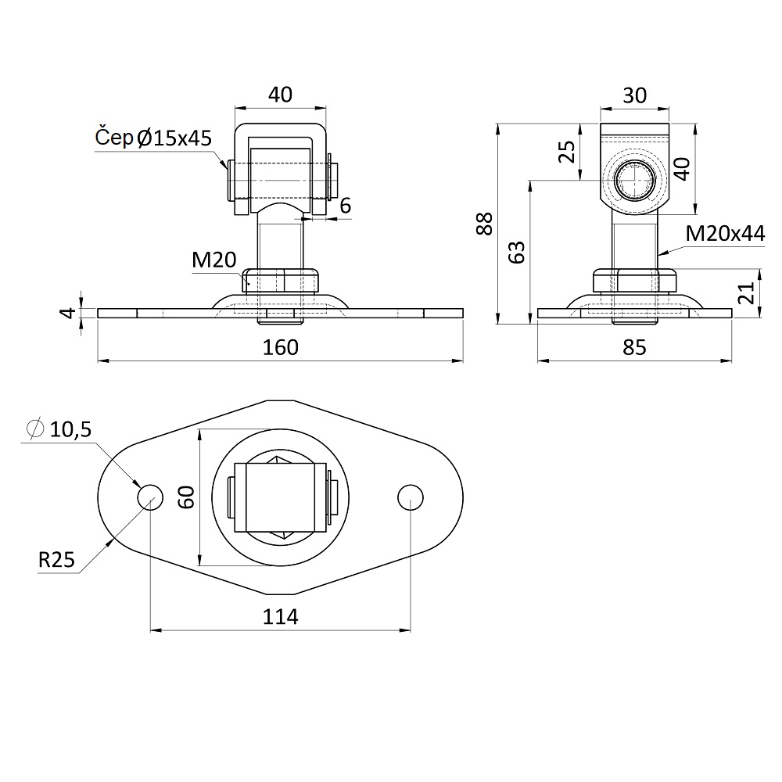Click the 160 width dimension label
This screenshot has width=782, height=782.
(280, 347)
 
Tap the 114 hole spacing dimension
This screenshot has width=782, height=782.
(280, 617)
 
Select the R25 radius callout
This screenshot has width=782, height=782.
(56, 560)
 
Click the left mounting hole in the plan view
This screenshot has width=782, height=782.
(150, 497)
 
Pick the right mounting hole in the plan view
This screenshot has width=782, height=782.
(411, 497)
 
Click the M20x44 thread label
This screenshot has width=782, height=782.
(725, 233)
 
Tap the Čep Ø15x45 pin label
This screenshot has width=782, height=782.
(153, 138)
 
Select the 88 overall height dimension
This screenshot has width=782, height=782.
(484, 224)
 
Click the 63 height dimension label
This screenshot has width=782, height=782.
(517, 252)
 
